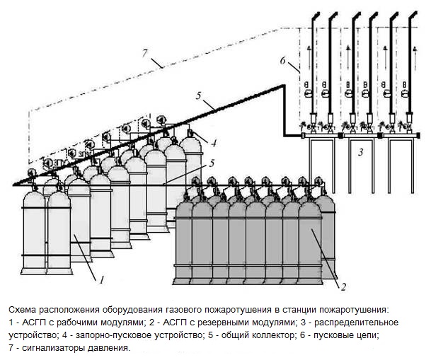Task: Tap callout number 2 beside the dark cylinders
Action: (343, 286)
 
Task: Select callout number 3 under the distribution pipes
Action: (360, 151)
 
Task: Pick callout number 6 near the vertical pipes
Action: (283, 62)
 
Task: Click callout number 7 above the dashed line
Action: (146, 54)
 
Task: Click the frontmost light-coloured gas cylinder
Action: (60, 226)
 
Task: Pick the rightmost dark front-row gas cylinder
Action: (310, 240)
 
